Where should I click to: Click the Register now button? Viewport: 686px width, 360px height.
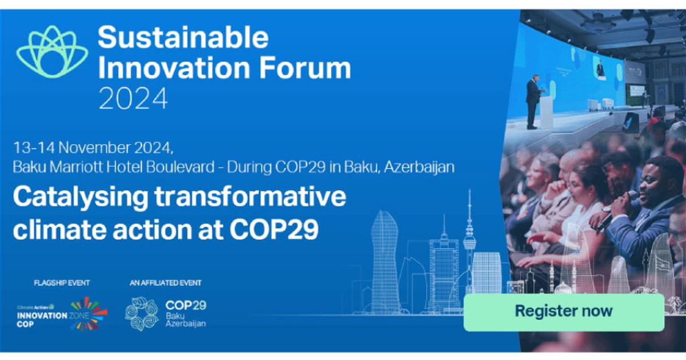click(x=563, y=311)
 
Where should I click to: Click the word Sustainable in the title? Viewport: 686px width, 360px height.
click(x=183, y=38)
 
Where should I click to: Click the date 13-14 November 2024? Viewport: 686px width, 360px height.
click(x=93, y=147)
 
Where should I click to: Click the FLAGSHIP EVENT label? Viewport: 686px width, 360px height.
click(x=62, y=283)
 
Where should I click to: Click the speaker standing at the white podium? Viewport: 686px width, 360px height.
click(x=533, y=100)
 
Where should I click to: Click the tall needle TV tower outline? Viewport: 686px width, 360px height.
click(x=469, y=240)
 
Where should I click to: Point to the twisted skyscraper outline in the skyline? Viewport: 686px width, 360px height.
click(x=385, y=257)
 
